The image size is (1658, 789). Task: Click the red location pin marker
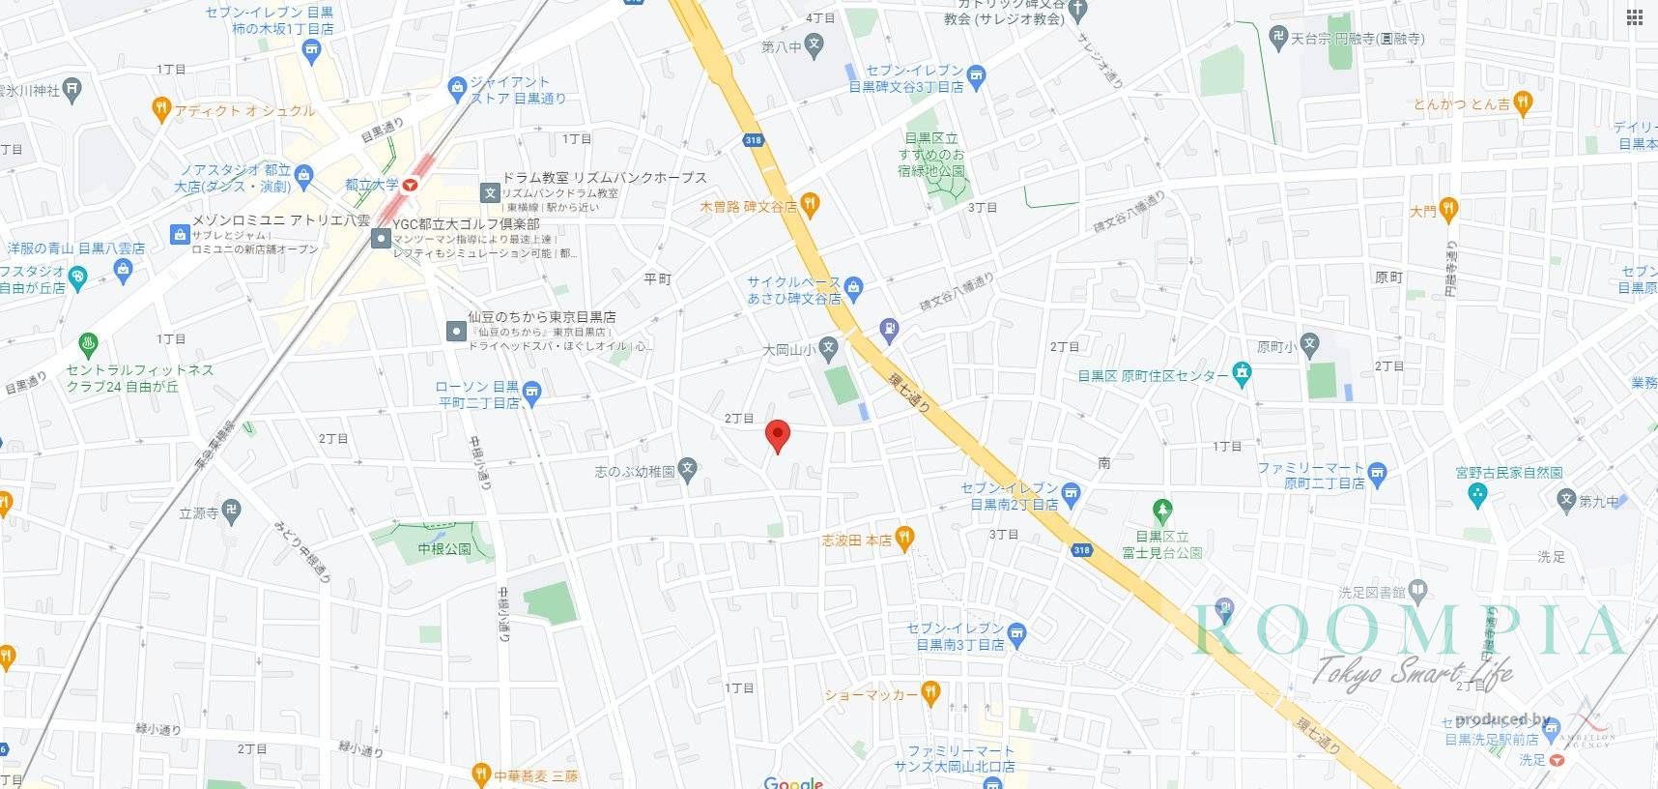(777, 435)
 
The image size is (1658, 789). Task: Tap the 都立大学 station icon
(411, 184)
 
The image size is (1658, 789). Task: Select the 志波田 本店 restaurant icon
(904, 539)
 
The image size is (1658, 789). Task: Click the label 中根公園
(444, 549)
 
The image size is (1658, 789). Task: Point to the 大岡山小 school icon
(828, 348)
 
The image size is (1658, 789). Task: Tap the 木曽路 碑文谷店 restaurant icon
(810, 204)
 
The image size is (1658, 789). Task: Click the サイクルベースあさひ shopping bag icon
(853, 287)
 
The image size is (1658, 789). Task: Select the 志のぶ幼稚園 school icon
(688, 470)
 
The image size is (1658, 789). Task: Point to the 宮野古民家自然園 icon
(1476, 494)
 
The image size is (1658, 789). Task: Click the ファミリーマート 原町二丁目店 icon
(1378, 473)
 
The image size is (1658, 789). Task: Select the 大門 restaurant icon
(1447, 209)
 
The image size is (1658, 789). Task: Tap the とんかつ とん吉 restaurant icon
(1524, 102)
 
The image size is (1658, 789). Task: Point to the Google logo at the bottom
(793, 782)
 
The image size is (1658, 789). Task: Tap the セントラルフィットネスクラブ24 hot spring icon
(88, 343)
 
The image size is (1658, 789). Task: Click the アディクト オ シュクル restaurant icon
(161, 108)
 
